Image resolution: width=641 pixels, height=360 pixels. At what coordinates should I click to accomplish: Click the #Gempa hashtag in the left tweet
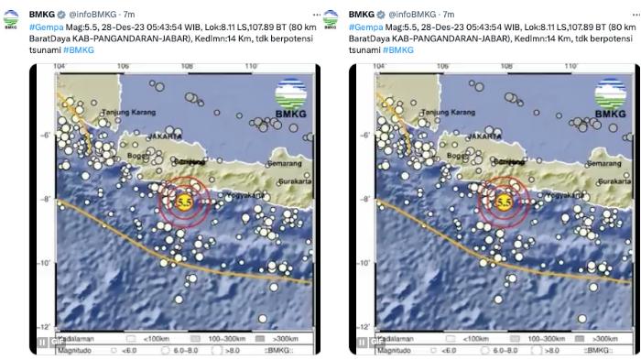(42, 27)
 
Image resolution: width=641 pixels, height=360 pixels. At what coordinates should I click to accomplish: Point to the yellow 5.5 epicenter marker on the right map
(503, 201)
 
